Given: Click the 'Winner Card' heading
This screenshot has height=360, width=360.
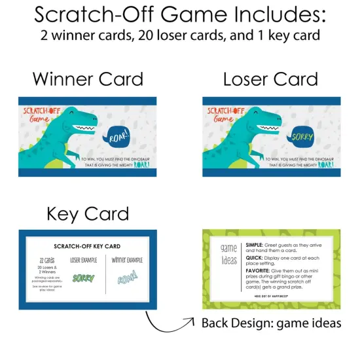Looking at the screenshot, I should click(88, 79).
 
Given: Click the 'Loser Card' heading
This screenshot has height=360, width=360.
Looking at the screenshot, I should click(270, 79).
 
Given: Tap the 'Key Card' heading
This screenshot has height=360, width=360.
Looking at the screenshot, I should click(88, 213).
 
